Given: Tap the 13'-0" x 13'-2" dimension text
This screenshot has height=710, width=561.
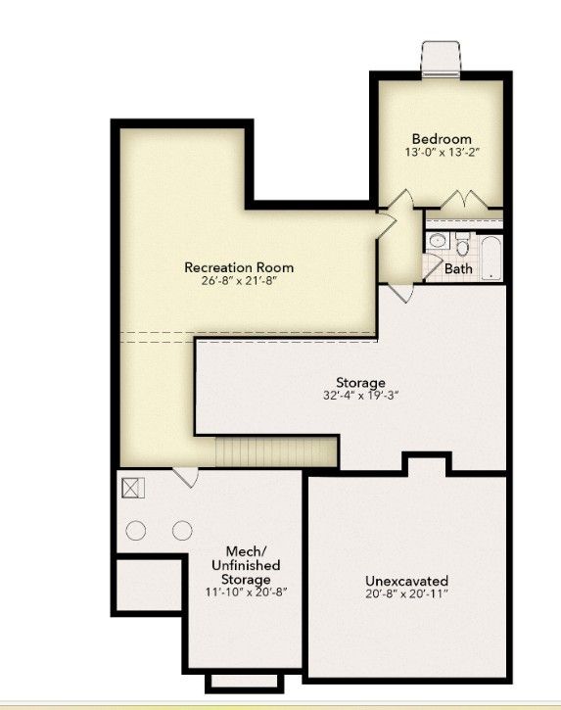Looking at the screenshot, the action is point(442,152).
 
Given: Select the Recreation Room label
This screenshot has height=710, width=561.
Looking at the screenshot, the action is point(239,267).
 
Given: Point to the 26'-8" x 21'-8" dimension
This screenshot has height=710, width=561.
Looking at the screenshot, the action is point(239,280).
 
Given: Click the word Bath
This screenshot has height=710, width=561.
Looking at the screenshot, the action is point(458,269).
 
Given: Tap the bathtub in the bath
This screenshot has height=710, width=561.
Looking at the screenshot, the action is point(491,259).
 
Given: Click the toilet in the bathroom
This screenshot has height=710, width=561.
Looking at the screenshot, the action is point(462,244).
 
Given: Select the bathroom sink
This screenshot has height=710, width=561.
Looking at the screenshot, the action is point(438,241).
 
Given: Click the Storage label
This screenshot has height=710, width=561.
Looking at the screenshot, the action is point(360,383).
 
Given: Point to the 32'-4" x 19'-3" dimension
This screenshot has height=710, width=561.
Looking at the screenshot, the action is point(360,396).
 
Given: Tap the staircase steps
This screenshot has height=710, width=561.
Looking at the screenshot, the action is point(276,451).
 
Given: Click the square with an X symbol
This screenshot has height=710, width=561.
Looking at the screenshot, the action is point(133,488).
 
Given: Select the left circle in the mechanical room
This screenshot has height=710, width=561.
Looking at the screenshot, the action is point(136,530).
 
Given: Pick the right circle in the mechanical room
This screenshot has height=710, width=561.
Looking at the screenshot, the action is point(182,530).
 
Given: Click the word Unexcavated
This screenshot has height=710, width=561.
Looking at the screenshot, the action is point(406,581).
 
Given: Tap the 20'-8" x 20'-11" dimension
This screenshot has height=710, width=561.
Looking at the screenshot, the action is point(406,593).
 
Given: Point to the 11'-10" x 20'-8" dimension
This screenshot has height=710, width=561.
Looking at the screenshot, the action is point(247,592).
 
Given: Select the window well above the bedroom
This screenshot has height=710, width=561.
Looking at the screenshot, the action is point(441,60).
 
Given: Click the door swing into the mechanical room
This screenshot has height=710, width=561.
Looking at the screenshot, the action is point(186,477).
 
